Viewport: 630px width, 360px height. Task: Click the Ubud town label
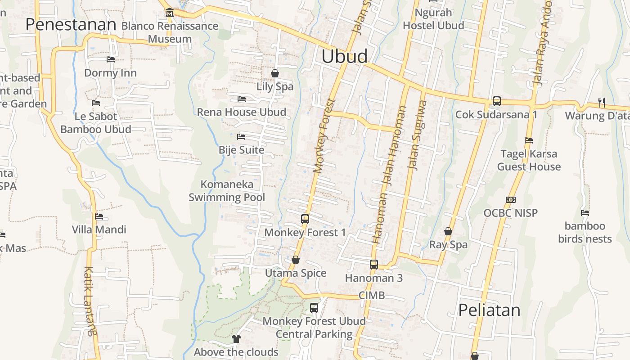(x=344, y=56)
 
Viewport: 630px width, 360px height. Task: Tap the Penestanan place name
(x=71, y=24)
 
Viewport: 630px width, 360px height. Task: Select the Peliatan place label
(x=489, y=310)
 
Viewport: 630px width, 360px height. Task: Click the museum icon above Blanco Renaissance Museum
(x=169, y=12)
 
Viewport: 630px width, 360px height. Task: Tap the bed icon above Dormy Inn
(x=110, y=59)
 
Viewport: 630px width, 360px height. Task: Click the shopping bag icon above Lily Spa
(x=274, y=73)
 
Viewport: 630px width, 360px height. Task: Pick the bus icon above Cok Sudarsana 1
(x=496, y=101)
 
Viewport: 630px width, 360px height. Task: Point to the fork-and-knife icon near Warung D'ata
(x=601, y=103)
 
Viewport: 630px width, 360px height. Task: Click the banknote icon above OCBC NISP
(x=510, y=200)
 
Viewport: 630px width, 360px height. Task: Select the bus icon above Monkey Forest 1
(x=305, y=219)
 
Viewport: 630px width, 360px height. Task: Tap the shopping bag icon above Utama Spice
(x=296, y=260)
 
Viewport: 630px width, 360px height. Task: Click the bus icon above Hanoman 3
(x=373, y=265)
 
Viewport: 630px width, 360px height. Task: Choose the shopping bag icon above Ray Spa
(x=448, y=231)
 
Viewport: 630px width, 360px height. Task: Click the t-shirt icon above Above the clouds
(x=236, y=338)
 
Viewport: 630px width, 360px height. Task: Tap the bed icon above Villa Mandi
(x=99, y=216)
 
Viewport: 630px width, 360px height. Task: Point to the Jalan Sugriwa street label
(x=417, y=135)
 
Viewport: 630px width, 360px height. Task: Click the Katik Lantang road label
(x=90, y=301)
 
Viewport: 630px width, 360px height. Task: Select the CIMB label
(x=372, y=295)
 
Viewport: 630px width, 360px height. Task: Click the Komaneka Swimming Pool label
(x=227, y=191)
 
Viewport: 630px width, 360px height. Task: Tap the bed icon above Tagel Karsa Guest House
(x=529, y=140)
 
